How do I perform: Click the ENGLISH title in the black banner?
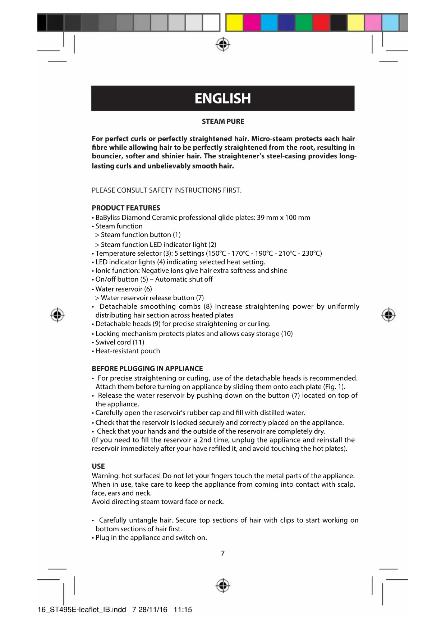pos(222,98)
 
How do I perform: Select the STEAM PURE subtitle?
pos(223,121)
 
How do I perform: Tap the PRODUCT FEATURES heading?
pos(126,208)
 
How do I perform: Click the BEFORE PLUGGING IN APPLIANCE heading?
pos(147,369)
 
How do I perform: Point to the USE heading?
pos(98,466)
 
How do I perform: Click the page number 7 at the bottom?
pos(222,553)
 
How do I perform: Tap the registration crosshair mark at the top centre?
pos(223,44)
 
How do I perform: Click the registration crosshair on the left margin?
pos(57,315)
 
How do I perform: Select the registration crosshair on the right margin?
pos(388,315)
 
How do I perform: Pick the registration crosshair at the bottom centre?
pos(223,586)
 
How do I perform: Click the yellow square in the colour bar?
pos(234,23)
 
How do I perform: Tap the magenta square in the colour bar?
pos(252,23)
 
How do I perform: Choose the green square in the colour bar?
pos(304,23)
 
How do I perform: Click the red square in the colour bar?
pos(321,23)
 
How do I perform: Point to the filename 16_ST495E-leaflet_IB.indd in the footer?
pos(82,610)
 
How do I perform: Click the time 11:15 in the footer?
pos(183,610)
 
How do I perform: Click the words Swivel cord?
pos(113,342)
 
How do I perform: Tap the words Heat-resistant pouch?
pos(128,351)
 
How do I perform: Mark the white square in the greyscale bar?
pos(211,23)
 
